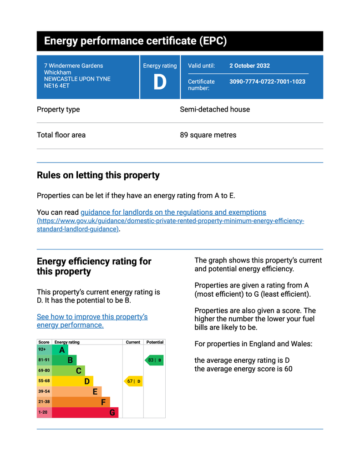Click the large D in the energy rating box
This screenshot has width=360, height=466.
pos(160,82)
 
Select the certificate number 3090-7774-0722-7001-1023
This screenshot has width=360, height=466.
pos(267,81)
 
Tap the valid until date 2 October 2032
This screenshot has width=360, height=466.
pos(249,66)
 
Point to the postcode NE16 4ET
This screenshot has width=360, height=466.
pos(57,86)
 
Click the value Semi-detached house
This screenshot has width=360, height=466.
pos(215,109)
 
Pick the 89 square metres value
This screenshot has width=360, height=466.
pos(208,135)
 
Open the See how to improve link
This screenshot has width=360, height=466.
pos(92,321)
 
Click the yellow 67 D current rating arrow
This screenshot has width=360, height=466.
pos(133,381)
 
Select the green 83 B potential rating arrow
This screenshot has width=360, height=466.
pos(154,360)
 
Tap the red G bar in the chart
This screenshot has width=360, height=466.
pos(85,412)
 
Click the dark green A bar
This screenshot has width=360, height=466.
pos(60,350)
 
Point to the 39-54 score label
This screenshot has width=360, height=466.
pos(44,391)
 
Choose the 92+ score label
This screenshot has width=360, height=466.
pos(42,349)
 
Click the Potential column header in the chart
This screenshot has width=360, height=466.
pos(155,342)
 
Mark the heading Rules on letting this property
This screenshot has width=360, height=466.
pos(98,175)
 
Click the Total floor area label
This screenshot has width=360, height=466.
pos(61,135)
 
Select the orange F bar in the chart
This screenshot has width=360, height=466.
pos(81,402)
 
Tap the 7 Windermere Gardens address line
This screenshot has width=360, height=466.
pos(73,66)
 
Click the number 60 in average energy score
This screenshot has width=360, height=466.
pos(289,369)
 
